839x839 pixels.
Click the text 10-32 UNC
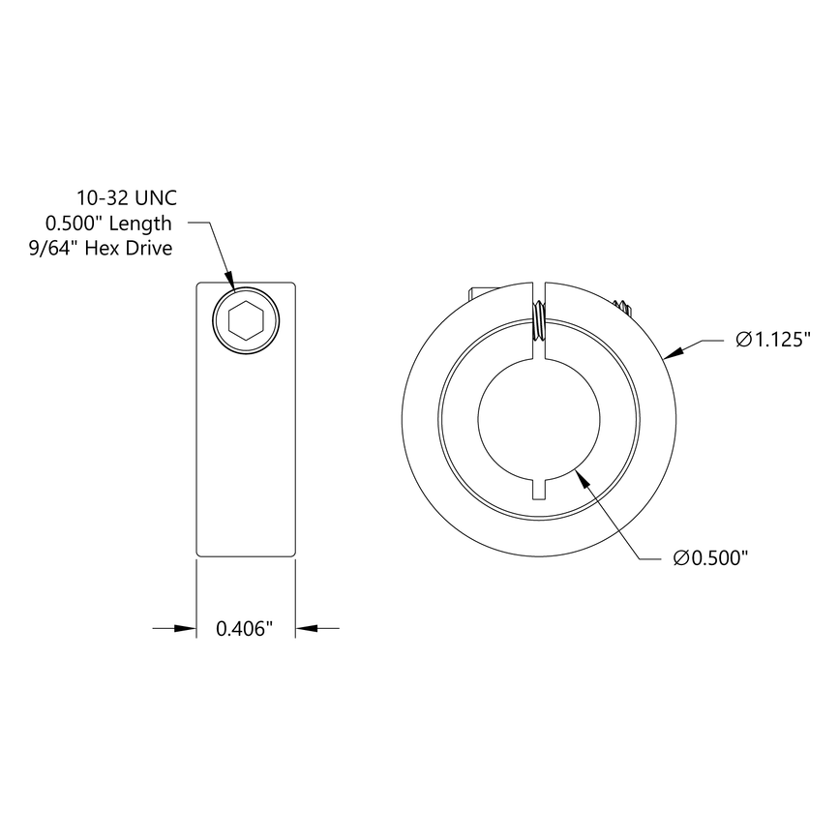tap(126, 198)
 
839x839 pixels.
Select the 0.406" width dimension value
tap(245, 629)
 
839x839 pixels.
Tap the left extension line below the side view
tap(196, 595)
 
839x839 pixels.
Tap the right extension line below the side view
tap(295, 595)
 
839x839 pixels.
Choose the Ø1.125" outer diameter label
tap(771, 340)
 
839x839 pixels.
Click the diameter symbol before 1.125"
tap(742, 340)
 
